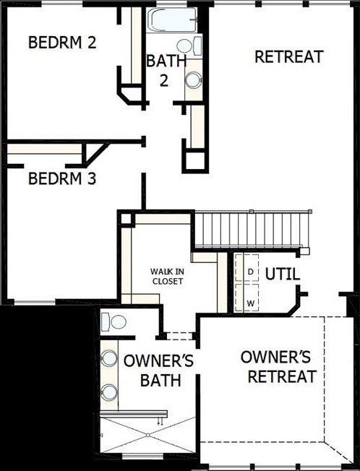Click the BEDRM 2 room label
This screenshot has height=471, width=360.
62,43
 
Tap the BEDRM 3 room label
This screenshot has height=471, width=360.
62,178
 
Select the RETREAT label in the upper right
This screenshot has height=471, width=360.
289,57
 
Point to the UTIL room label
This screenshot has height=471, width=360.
283,274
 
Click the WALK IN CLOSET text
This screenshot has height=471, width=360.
168,277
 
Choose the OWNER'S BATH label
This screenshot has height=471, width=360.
158,371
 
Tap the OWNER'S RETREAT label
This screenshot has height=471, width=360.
278,366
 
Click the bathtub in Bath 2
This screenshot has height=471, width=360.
172,20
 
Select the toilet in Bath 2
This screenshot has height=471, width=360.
189,46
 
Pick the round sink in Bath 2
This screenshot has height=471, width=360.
193,80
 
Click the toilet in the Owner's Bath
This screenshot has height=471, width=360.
113,322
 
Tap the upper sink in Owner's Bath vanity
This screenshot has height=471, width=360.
108,358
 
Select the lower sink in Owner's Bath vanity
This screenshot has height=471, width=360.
108,392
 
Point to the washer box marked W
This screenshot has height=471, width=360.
247,298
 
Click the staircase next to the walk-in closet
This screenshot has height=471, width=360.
252,230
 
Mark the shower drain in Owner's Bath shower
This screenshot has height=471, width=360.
147,435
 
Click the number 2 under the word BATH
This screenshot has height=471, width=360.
164,80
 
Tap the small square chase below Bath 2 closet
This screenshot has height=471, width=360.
195,160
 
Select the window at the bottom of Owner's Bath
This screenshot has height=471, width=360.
142,456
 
